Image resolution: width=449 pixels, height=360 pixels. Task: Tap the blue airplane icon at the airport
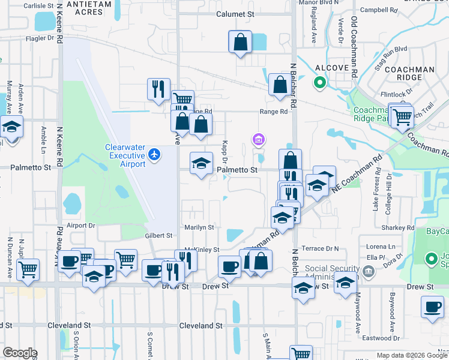[x=155, y=154]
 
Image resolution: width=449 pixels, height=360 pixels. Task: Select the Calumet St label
[x=232, y=14]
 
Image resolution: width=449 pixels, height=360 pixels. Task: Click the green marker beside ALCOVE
[x=320, y=83]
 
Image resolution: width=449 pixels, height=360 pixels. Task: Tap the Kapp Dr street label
[x=225, y=151]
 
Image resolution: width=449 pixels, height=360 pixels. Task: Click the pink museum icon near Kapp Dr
[x=259, y=140]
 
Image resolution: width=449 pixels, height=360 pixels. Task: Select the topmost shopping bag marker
[x=240, y=42]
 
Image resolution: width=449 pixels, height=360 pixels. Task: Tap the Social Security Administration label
[x=333, y=272]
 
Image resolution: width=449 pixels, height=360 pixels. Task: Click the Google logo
[x=20, y=352]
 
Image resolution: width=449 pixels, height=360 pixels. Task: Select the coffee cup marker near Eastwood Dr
[x=432, y=307]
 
